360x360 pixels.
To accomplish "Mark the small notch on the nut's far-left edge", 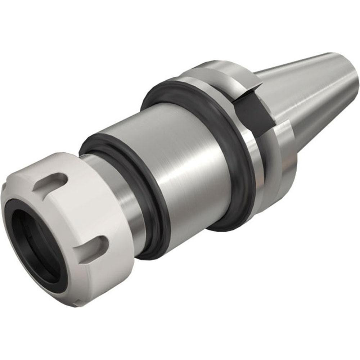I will point(4,187).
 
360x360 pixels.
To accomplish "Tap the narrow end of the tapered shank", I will point(351,76).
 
